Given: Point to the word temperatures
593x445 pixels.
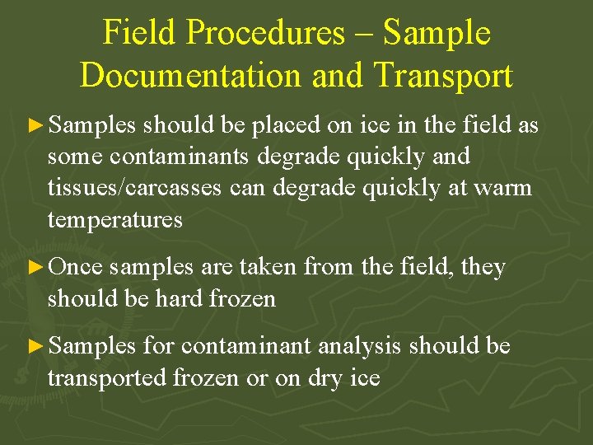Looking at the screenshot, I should pos(114,219).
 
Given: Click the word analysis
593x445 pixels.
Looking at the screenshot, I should pos(361,347).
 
